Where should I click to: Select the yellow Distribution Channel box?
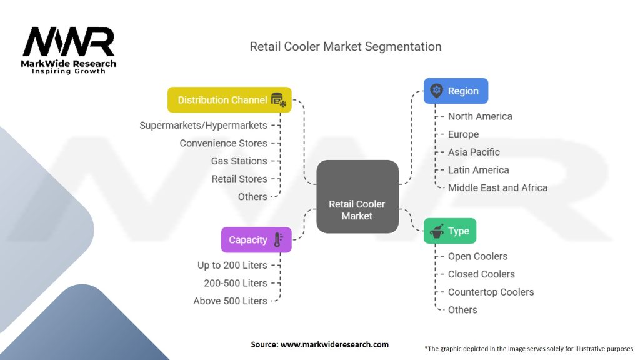click(229, 100)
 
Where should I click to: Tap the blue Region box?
click(456, 91)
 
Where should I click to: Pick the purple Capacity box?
click(256, 240)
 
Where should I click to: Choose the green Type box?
click(449, 231)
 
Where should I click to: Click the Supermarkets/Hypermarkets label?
click(203, 126)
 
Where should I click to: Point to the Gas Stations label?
click(239, 161)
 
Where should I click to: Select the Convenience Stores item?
click(223, 143)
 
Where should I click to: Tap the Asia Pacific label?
click(474, 152)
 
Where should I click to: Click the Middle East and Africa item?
click(497, 187)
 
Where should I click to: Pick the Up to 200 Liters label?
click(232, 265)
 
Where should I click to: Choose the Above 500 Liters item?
click(230, 301)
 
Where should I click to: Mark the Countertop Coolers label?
click(491, 292)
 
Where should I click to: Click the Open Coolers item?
click(477, 256)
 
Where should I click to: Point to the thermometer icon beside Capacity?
click(278, 240)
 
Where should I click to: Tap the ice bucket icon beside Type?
click(437, 231)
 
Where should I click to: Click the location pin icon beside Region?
click(436, 91)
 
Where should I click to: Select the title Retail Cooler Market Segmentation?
click(345, 47)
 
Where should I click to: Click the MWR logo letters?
click(69, 42)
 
